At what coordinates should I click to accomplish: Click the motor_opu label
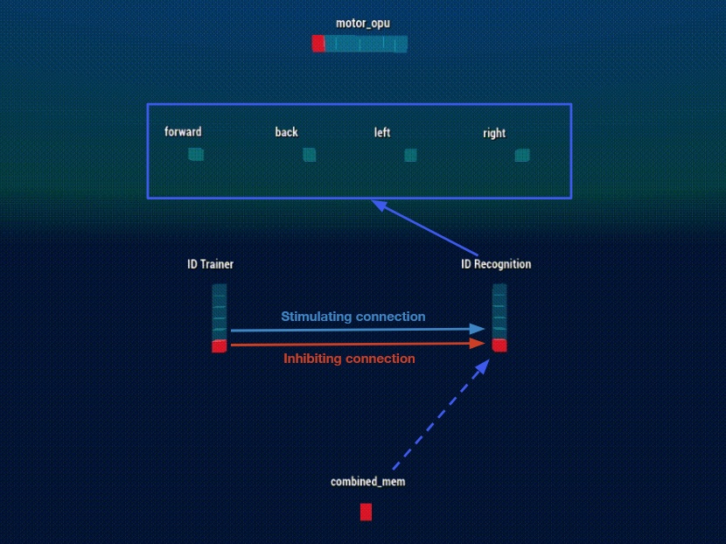363,24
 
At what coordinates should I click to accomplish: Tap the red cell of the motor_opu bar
318,44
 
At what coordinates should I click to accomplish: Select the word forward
183,132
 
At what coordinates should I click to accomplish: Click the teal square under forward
196,155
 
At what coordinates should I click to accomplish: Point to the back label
286,132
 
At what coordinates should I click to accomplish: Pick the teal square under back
309,155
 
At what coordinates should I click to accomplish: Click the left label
382,132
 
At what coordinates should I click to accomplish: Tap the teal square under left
410,156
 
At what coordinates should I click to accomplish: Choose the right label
494,134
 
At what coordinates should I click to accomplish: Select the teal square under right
522,156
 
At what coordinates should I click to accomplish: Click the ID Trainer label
210,264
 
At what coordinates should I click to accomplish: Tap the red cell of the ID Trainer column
219,346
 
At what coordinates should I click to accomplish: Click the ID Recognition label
496,264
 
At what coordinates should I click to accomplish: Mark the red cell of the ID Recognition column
499,345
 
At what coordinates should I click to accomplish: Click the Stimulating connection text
353,317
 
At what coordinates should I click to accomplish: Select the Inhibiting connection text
349,359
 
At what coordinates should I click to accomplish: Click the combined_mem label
367,482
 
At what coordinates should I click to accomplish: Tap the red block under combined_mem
366,512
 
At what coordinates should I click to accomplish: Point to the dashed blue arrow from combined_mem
438,415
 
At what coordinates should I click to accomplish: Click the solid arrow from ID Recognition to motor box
428,227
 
